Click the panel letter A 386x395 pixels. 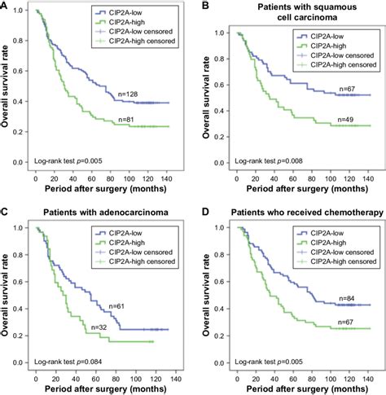coord(6,6)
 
